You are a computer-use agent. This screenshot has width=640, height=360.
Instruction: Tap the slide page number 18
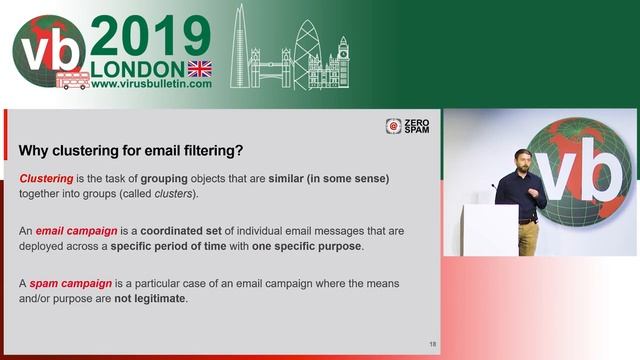click(432, 343)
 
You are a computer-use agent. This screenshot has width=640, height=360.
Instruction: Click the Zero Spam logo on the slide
click(407, 126)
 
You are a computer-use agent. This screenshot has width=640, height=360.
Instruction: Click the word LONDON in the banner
click(137, 68)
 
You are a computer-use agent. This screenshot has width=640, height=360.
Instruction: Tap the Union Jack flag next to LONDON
click(200, 68)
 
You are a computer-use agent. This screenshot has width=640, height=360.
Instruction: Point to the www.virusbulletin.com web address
click(151, 84)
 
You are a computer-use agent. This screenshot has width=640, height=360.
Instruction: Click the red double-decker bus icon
click(72, 79)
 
